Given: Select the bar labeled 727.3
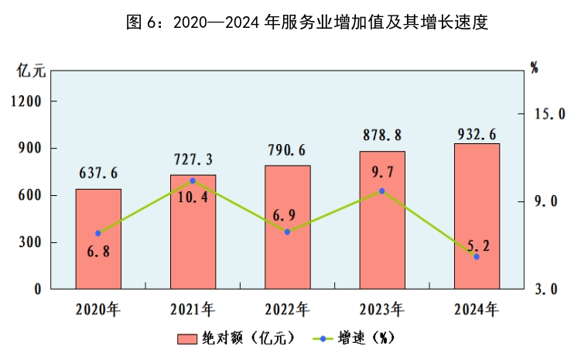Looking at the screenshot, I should tap(193, 231).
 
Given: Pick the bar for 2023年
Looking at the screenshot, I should tap(382, 220).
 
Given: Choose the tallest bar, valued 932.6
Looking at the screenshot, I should tap(477, 216).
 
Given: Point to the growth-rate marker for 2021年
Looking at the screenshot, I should tap(193, 180).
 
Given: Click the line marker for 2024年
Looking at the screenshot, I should tap(477, 256).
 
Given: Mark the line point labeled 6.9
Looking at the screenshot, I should tap(287, 231).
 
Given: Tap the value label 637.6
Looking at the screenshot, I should tap(98, 173).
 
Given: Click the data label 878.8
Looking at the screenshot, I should tap(382, 135).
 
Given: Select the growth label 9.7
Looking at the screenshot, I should tap(382, 172).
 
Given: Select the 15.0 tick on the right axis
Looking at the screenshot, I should tap(550, 114).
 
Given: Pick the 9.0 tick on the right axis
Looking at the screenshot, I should tap(553, 201).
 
